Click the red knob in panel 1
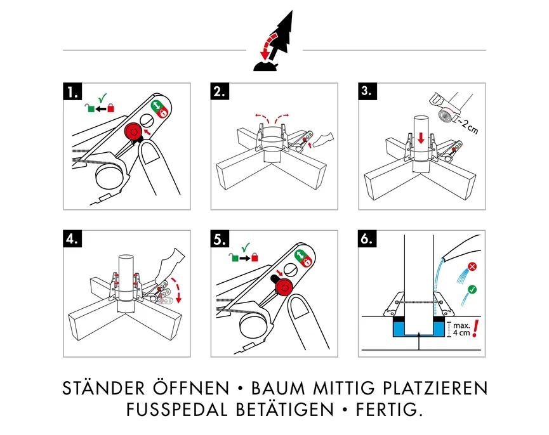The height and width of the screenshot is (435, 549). pyautogui.click(x=133, y=131)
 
